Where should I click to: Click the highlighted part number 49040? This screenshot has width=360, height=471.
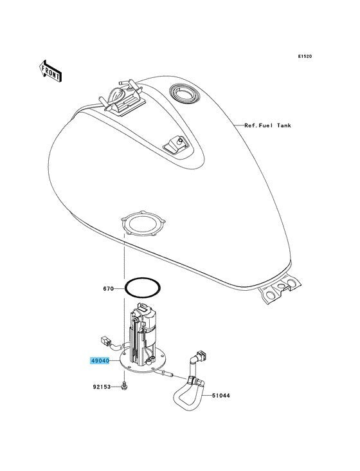coord(100,361)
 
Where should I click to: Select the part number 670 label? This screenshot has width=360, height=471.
coord(108,289)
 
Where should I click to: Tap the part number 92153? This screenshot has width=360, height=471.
coord(102,387)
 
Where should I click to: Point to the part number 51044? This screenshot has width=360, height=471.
coord(221,396)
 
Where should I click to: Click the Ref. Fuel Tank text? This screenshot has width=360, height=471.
coord(267,125)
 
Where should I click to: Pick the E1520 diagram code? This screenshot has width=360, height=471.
coord(305,56)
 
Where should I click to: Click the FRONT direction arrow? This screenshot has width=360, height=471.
coord(50,71)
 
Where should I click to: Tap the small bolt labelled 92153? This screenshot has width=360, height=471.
coord(124,386)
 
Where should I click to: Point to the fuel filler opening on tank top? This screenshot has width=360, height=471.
coord(184,94)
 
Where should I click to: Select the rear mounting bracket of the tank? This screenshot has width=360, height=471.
coord(279,290)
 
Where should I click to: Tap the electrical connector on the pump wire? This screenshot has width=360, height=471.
coord(106,341)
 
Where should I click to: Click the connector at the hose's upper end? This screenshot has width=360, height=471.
coord(201,355)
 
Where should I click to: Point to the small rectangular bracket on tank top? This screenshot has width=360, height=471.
coord(175,145)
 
